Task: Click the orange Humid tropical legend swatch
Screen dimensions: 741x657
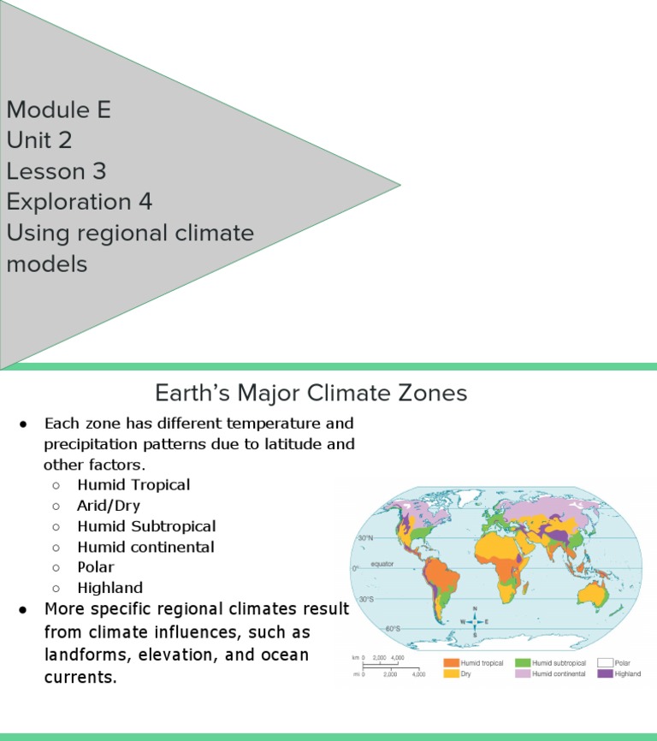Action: coord(451,662)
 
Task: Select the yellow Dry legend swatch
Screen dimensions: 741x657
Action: coord(451,673)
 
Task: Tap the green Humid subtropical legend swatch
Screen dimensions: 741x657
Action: coord(523,662)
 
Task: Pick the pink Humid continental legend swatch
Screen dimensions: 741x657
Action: coord(523,673)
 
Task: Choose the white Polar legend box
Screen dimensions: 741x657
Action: coord(605,662)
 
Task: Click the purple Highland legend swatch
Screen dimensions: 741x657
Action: coord(605,673)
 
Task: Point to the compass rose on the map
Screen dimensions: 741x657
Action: coord(475,621)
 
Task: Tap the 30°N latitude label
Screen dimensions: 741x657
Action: coord(365,538)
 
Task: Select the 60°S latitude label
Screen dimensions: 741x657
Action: coord(393,629)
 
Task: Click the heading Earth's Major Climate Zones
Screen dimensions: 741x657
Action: coord(311,393)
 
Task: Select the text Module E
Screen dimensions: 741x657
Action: coord(58,110)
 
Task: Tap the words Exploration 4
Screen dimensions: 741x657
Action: coord(79,202)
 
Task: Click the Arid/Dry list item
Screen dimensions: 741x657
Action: coord(109,505)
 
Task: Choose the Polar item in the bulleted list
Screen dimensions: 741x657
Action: coord(95,566)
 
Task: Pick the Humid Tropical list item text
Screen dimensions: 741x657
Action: coord(133,484)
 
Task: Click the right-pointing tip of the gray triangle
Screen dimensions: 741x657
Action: coord(399,184)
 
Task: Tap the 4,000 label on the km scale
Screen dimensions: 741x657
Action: coord(398,657)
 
